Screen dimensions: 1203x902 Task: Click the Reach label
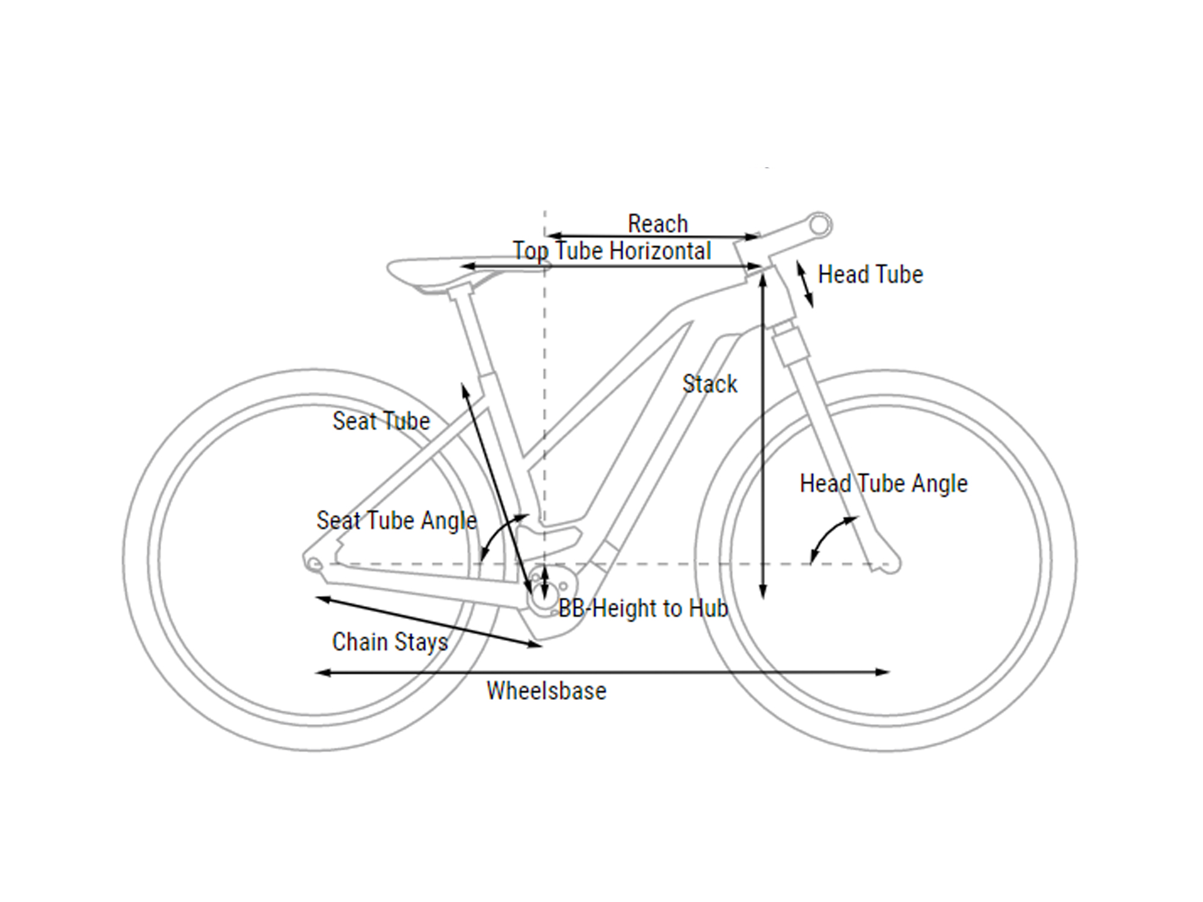[657, 224]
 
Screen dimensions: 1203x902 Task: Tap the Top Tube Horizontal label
[612, 251]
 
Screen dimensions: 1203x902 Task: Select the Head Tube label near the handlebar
[870, 274]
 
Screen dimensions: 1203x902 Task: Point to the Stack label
[710, 384]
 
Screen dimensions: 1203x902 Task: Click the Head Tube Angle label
[884, 483]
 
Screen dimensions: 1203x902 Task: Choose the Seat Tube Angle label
[397, 521]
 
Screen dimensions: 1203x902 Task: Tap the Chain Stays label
[390, 642]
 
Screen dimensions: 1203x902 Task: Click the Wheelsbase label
[547, 691]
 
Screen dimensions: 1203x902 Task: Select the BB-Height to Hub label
[644, 609]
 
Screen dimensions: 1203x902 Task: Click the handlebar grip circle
[819, 226]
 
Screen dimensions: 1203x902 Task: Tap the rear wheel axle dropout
[314, 563]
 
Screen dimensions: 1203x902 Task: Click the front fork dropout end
[888, 564]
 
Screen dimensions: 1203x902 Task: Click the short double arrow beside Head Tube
[805, 285]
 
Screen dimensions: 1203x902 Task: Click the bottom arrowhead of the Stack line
[763, 592]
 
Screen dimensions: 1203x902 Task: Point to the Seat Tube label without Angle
[381, 421]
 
